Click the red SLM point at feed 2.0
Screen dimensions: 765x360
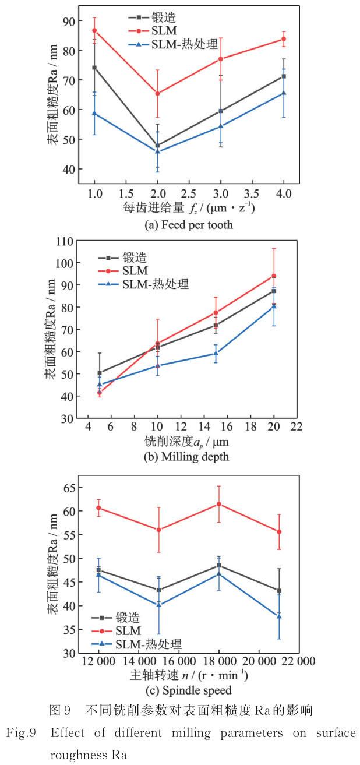[157, 93]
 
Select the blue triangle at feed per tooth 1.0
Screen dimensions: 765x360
[94, 113]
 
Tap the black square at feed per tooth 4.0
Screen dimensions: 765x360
[284, 76]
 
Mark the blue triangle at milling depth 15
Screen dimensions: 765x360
[216, 353]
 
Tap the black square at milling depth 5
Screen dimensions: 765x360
[100, 373]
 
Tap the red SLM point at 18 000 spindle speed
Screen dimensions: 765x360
[218, 504]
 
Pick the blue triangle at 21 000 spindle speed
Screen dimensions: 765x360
[279, 616]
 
